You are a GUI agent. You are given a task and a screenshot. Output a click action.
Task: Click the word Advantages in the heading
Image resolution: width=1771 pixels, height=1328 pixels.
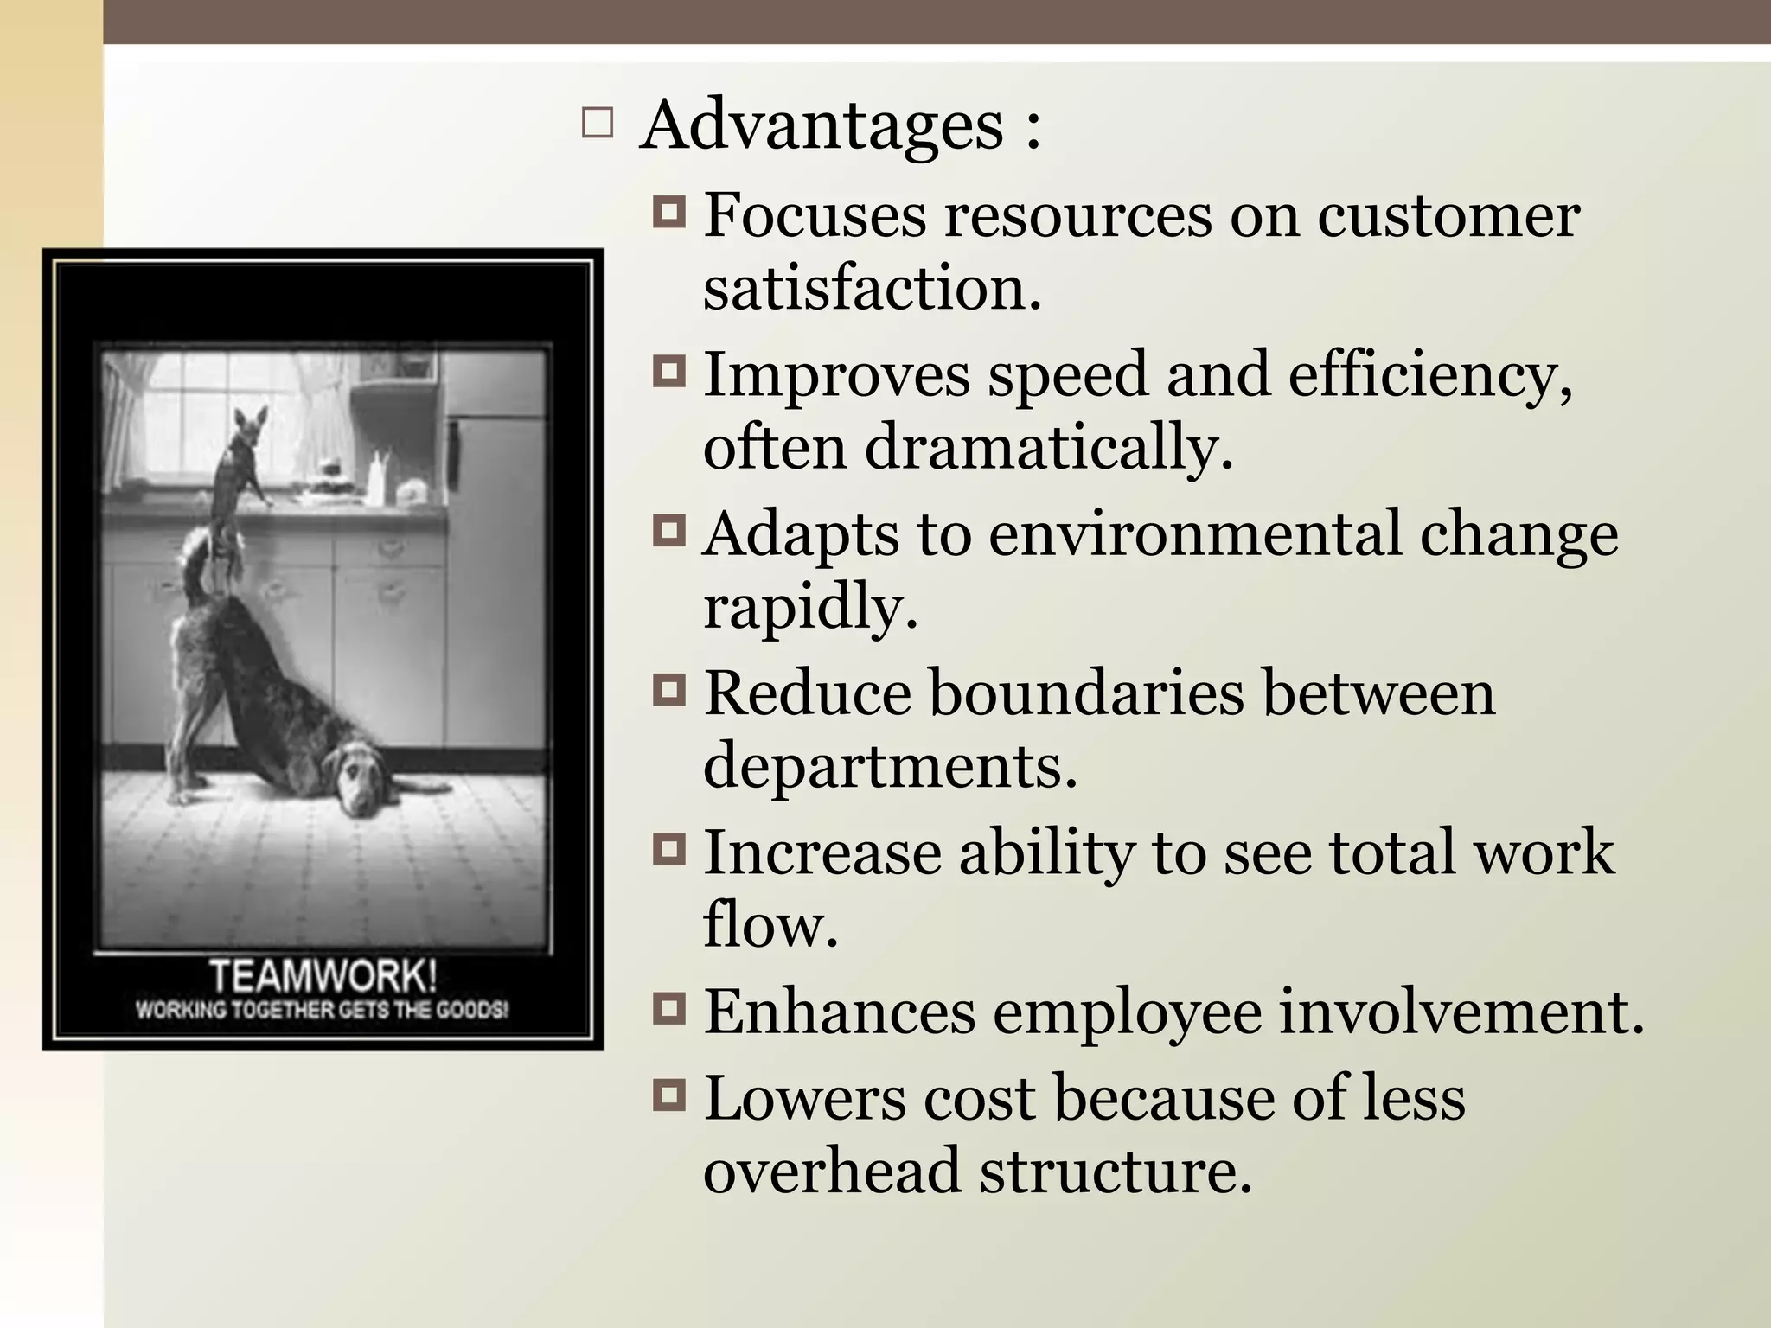coord(821,126)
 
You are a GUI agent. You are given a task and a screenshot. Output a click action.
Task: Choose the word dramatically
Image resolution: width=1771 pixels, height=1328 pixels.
coord(1048,448)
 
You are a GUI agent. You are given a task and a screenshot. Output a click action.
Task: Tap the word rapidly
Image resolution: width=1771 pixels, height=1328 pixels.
coord(809,607)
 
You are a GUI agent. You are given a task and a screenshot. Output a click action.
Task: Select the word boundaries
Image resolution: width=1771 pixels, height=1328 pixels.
coord(1086,693)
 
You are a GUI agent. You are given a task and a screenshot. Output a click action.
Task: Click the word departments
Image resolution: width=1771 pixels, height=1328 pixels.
coord(890,766)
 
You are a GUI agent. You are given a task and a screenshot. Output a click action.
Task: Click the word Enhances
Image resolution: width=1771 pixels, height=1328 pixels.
coord(839,1011)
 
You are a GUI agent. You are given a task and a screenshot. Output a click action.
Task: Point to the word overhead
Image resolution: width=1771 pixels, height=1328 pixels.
coord(832,1171)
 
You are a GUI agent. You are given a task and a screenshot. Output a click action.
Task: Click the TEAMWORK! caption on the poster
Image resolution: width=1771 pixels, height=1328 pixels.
coord(323,977)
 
